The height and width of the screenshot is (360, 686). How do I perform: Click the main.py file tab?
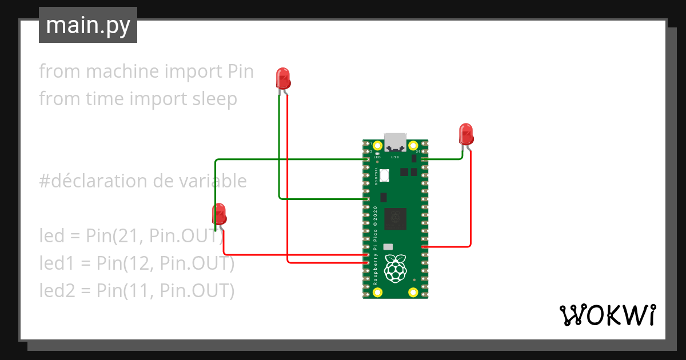87,25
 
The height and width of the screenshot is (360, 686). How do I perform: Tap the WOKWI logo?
607,315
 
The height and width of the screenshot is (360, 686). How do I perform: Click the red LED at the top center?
283,78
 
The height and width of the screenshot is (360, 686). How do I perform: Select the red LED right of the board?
466,134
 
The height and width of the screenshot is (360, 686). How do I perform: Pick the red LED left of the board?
219,214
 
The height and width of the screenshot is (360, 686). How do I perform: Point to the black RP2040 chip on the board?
395,218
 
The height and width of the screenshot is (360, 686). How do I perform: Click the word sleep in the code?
212,99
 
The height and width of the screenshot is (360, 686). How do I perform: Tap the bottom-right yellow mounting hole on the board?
413,293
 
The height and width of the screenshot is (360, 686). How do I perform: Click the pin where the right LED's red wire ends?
424,246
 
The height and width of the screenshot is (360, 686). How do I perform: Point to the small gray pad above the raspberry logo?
388,246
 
